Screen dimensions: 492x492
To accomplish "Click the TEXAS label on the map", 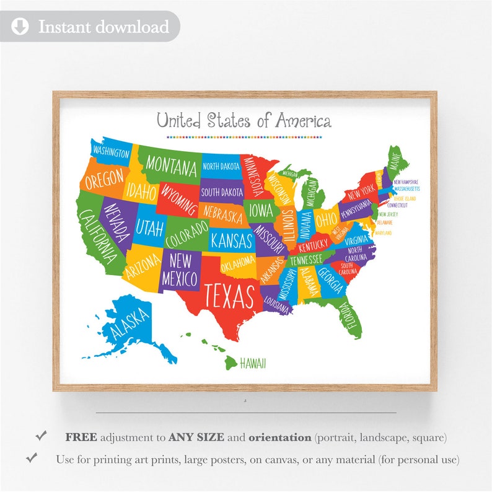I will (230, 295).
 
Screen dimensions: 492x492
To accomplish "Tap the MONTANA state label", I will (172, 167).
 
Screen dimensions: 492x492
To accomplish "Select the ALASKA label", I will (130, 323).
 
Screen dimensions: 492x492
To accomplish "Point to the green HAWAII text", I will (253, 363).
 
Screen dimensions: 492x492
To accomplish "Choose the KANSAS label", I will (231, 239).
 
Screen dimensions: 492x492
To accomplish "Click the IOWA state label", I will (261, 210).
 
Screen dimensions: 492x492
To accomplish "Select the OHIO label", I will (327, 219).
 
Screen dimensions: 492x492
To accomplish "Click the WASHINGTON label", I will (111, 152).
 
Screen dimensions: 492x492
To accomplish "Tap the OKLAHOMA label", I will (237, 260).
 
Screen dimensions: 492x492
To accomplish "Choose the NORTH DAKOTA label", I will (221, 166).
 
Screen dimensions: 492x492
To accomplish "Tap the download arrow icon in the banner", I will (20, 27).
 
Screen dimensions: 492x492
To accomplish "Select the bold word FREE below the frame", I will (81, 437).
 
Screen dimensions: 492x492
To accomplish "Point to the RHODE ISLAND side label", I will (403, 199).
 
